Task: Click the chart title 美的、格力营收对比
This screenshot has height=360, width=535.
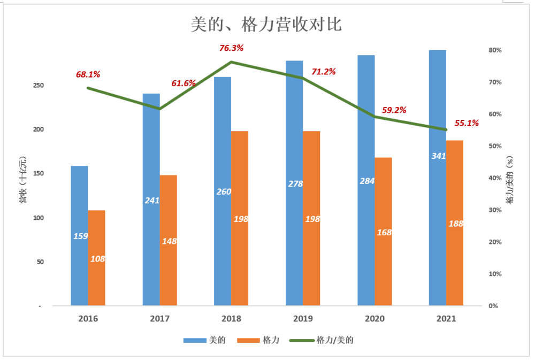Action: [x=266, y=25]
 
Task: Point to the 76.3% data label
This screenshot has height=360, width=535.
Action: [x=231, y=48]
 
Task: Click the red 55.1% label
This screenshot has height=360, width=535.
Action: [x=467, y=123]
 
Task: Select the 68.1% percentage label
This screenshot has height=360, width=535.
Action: [x=88, y=74]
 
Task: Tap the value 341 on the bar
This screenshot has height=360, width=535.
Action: [x=439, y=156]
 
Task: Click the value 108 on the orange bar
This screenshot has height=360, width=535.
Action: [x=97, y=259]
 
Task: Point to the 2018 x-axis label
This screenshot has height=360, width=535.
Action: [x=231, y=319]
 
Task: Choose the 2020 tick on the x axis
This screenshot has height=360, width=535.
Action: [x=374, y=319]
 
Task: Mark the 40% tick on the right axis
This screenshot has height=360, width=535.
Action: [x=494, y=178]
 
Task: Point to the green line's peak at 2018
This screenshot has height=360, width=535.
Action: [x=231, y=62]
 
